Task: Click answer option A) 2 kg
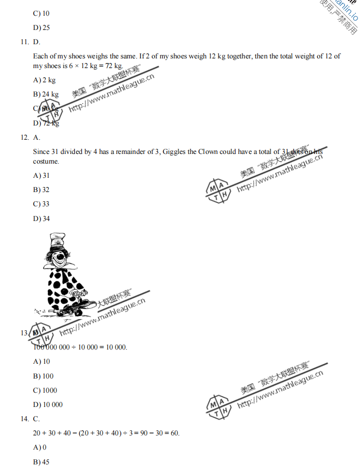pos(44,80)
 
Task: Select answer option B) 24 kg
pos(46,94)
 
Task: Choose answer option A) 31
pos(41,175)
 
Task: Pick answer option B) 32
pos(41,190)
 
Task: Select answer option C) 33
pos(41,204)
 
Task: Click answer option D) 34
pos(41,218)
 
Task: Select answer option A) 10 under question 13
pos(41,362)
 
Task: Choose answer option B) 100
pos(43,376)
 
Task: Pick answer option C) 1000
pos(45,390)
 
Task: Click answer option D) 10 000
pos(48,404)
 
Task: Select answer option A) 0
pos(40,448)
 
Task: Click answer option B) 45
pos(41,462)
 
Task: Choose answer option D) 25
pos(41,27)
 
